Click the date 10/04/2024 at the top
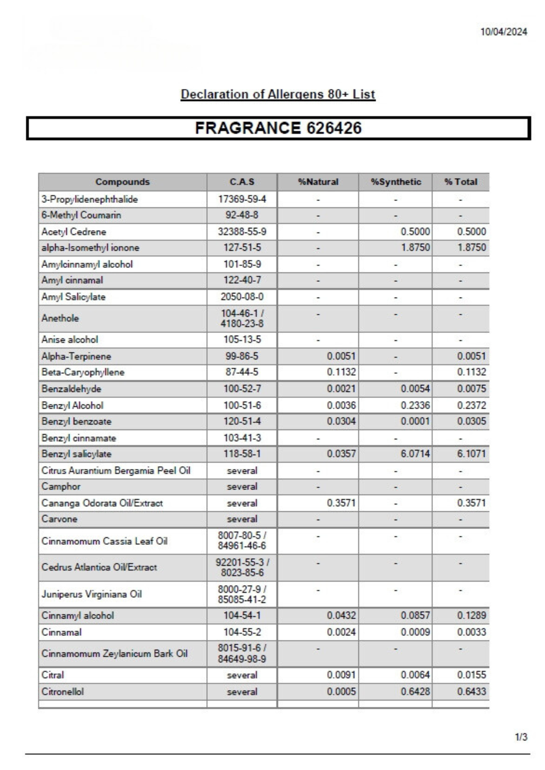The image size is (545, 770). pyautogui.click(x=503, y=32)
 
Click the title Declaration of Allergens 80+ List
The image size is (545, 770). pyautogui.click(x=278, y=94)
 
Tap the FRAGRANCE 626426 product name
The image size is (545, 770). pyautogui.click(x=278, y=128)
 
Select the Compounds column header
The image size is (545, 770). pyautogui.click(x=122, y=182)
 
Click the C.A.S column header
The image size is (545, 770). pyautogui.click(x=242, y=182)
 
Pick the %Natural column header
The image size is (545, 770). pyautogui.click(x=318, y=182)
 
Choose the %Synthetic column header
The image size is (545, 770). pyautogui.click(x=396, y=182)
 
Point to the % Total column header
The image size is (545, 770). pyautogui.click(x=461, y=182)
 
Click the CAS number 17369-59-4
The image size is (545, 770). pyautogui.click(x=242, y=199)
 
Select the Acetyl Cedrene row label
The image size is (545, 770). pyautogui.click(x=74, y=232)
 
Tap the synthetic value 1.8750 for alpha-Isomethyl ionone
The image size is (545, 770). pyautogui.click(x=415, y=248)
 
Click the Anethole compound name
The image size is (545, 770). pyautogui.click(x=60, y=318)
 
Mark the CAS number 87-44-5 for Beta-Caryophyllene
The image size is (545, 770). pyautogui.click(x=242, y=372)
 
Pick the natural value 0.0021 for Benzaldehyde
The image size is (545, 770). pyautogui.click(x=341, y=389)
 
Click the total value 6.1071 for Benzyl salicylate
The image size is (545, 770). pyautogui.click(x=471, y=454)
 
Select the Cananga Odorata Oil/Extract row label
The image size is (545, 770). pyautogui.click(x=102, y=503)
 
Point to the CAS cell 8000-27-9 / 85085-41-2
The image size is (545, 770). pyautogui.click(x=242, y=594)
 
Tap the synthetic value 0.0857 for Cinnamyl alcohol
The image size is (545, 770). pyautogui.click(x=415, y=616)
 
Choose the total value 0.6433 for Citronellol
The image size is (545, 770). pyautogui.click(x=471, y=691)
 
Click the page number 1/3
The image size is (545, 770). pyautogui.click(x=521, y=737)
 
